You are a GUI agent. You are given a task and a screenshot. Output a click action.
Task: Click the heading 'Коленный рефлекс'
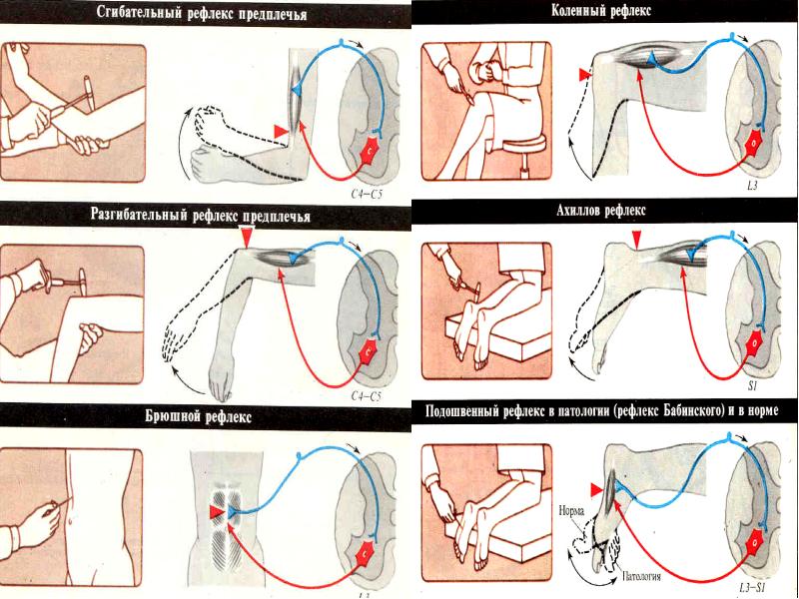[x=601, y=11]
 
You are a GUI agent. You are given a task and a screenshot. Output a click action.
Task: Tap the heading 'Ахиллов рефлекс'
[x=601, y=211]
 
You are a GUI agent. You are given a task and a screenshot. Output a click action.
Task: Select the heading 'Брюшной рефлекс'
[x=198, y=417]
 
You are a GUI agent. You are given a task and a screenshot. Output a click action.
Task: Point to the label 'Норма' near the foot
[x=571, y=511]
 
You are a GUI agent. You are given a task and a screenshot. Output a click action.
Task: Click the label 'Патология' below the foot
[x=642, y=577]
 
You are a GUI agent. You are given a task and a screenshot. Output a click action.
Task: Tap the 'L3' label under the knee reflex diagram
[x=752, y=186]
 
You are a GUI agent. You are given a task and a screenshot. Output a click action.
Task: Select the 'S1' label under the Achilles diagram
[x=753, y=386]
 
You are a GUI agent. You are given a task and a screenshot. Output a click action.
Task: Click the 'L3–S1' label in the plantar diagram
[x=754, y=587]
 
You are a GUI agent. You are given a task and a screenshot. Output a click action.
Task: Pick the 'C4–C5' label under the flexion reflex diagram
[x=367, y=194]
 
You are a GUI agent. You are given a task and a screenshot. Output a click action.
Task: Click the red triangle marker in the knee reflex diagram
[x=584, y=75]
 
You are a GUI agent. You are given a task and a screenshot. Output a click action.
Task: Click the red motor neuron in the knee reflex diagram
[x=752, y=143]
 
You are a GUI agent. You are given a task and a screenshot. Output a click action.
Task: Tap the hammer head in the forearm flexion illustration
[x=89, y=93]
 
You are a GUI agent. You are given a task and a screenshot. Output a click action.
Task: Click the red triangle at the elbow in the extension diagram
[x=247, y=238]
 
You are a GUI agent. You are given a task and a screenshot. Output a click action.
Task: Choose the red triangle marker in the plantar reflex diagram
[x=597, y=490]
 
